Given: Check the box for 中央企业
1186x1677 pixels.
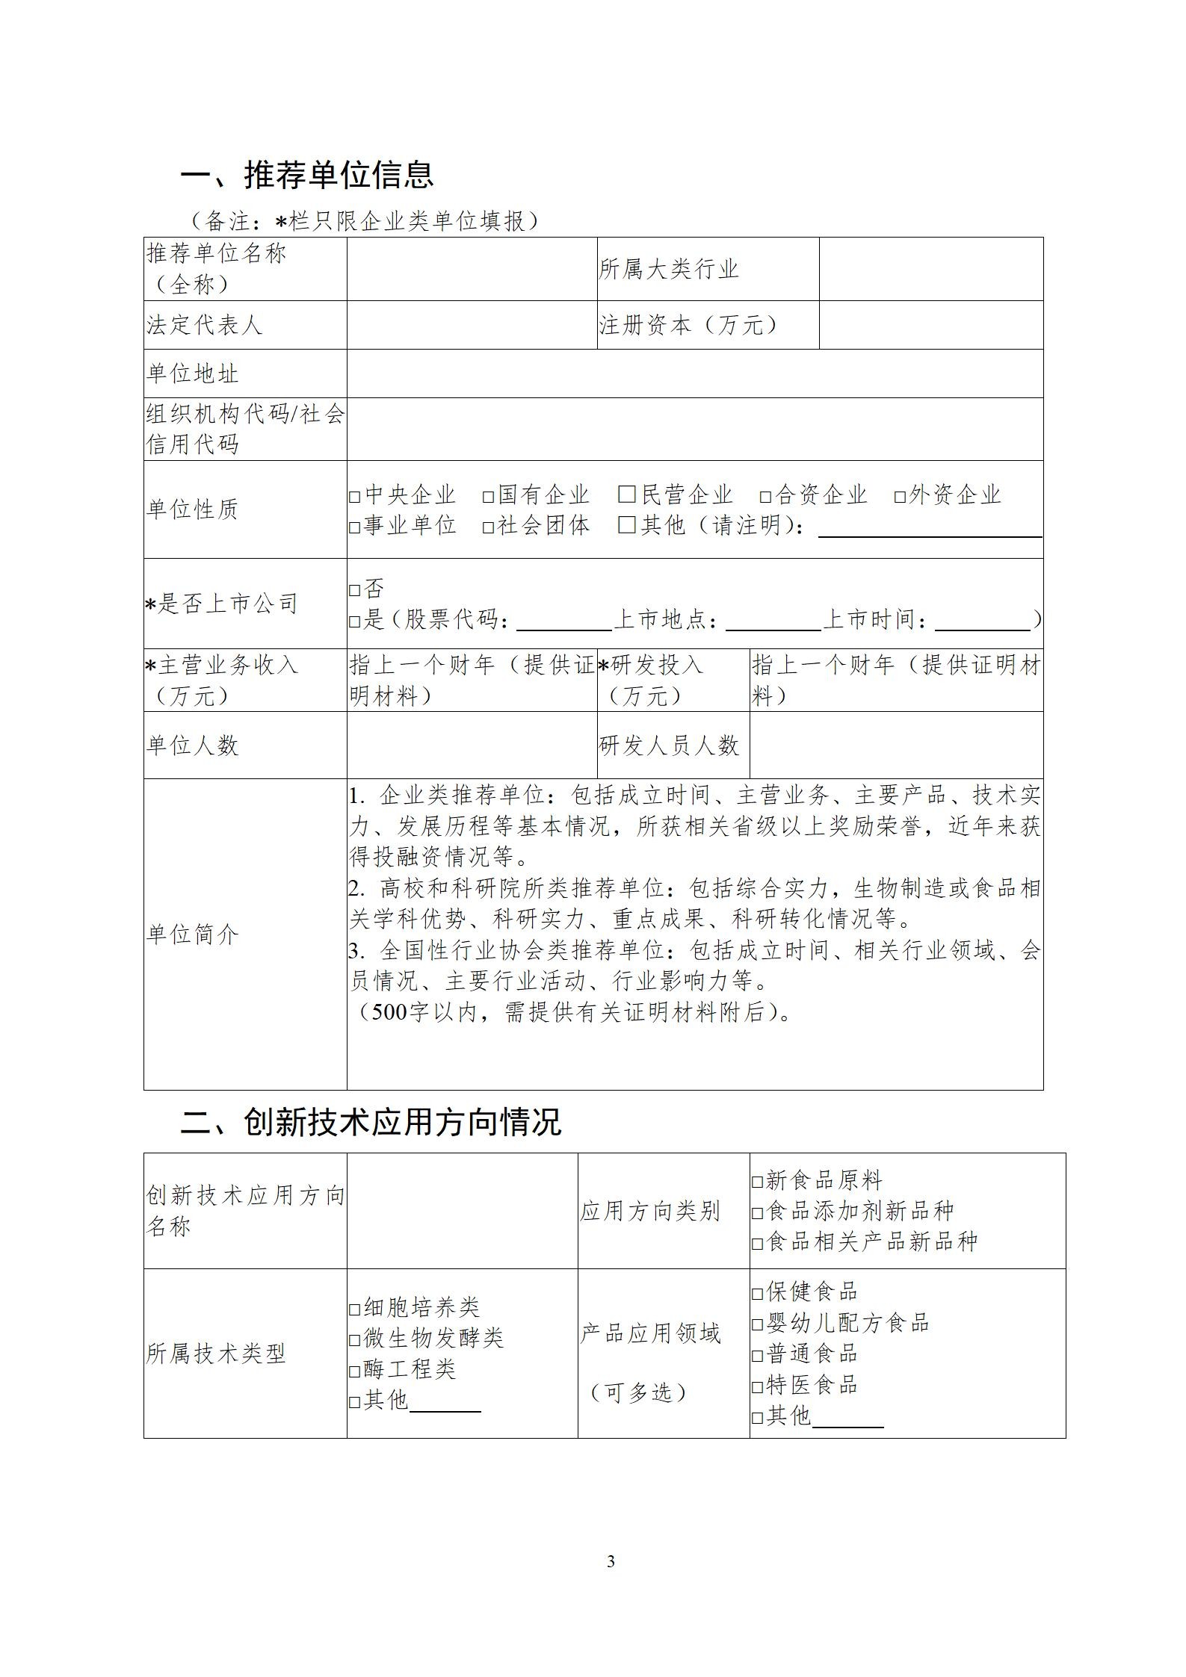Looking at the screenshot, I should click(x=355, y=496).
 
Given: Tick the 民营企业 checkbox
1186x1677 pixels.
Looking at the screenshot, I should click(x=626, y=495).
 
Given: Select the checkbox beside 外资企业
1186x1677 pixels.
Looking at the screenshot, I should click(x=900, y=496).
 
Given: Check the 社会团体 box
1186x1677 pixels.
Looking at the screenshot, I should click(x=488, y=527).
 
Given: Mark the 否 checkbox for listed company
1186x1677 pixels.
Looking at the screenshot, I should click(x=355, y=590).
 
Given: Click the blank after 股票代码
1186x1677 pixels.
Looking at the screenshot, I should click(x=563, y=621).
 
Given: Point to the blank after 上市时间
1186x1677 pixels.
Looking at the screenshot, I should click(x=982, y=621).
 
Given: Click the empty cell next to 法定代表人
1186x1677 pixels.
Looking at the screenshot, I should click(x=472, y=325).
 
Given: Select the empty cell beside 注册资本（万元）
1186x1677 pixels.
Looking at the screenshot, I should click(x=930, y=325).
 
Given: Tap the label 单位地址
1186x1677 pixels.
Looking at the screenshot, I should click(x=193, y=373).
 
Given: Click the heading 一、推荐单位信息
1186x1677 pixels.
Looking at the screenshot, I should click(x=307, y=175).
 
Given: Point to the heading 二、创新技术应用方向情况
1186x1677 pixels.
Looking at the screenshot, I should click(x=371, y=1122).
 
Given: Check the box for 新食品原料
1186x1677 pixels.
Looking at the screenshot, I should click(x=757, y=1182).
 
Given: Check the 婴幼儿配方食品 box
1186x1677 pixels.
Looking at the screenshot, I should click(x=757, y=1324).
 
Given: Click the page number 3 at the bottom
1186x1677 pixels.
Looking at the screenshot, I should click(x=611, y=1562).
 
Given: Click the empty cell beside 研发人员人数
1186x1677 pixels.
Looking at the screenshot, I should click(x=896, y=745).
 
